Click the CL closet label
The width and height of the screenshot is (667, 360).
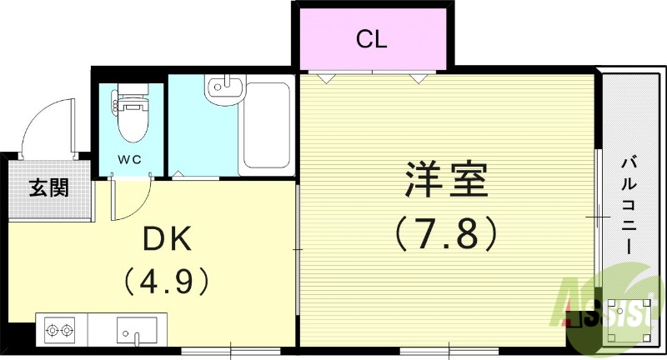[371, 38]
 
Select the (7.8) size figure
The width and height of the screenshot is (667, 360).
[447, 234]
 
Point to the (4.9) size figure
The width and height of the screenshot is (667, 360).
[167, 280]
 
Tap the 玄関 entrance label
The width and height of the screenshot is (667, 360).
[50, 188]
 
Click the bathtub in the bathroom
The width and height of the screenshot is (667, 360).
[266, 127]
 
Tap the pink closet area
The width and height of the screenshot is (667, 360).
[371, 40]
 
